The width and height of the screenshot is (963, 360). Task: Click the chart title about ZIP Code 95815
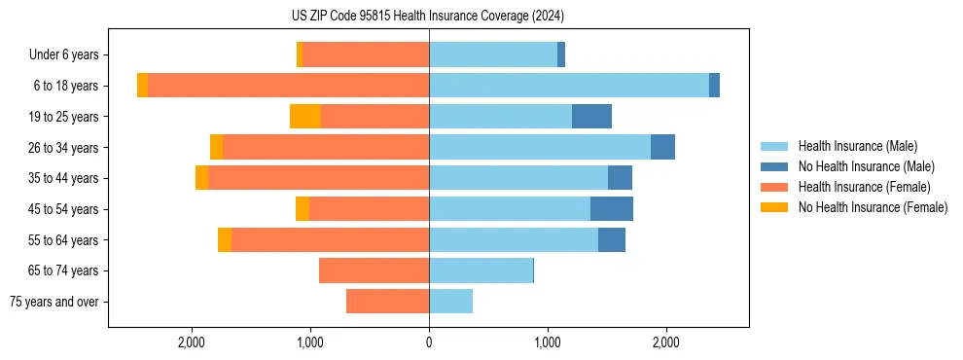[428, 16]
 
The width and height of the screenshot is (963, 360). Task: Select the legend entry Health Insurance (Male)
[857, 146]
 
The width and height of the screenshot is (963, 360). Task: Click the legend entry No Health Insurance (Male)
[866, 166]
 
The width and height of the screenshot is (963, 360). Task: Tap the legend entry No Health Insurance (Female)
[873, 207]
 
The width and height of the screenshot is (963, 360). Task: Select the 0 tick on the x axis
[429, 343]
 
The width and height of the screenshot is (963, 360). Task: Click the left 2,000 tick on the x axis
[192, 343]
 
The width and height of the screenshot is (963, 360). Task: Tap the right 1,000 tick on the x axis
[548, 343]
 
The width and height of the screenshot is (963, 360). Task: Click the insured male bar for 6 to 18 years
[569, 86]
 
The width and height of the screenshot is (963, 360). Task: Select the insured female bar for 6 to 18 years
[288, 86]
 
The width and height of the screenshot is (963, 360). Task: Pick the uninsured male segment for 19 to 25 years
[591, 117]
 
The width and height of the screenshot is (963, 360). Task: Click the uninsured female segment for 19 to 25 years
[305, 117]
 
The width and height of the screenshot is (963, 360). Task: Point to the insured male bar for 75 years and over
[450, 302]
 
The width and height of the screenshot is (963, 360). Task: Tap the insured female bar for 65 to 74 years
[374, 270]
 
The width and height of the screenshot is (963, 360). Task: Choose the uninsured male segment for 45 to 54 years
[612, 209]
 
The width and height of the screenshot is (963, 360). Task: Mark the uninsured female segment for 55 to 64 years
[225, 240]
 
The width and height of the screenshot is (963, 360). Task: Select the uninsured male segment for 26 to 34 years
[662, 147]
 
